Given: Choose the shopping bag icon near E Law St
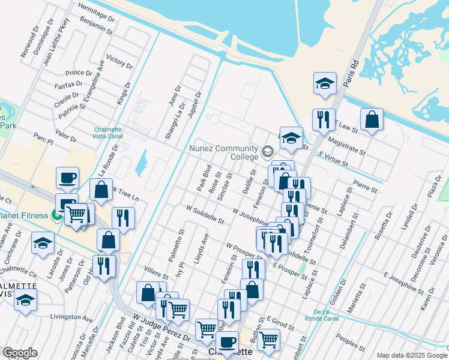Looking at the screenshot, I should (x=372, y=119).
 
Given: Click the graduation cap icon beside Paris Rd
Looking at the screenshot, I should (x=325, y=83).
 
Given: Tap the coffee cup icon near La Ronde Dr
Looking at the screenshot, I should (x=67, y=178).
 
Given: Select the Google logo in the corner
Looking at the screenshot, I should (x=20, y=353).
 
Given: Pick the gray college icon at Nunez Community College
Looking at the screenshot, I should (x=268, y=151).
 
